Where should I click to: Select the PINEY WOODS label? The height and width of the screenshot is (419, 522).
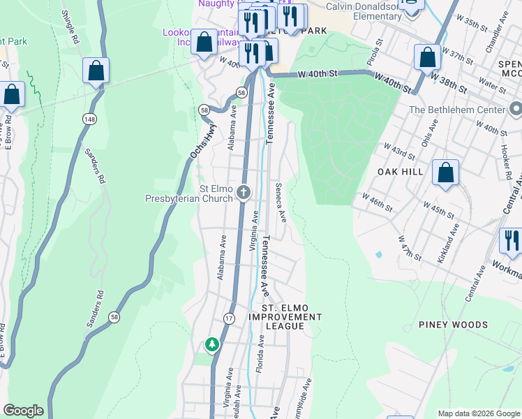(453, 325)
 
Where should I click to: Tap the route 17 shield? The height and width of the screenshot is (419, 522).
(229, 318)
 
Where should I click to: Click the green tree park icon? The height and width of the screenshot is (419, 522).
(211, 344)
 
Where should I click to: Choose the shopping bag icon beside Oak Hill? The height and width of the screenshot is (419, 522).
(445, 173)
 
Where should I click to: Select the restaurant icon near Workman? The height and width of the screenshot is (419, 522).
(512, 241)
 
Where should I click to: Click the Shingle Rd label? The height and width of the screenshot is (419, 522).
(69, 25)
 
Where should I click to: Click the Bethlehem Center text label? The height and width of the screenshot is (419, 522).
(458, 110)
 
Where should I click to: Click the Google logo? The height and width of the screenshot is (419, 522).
(23, 411)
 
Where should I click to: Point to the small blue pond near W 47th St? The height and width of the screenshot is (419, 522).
(378, 255)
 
